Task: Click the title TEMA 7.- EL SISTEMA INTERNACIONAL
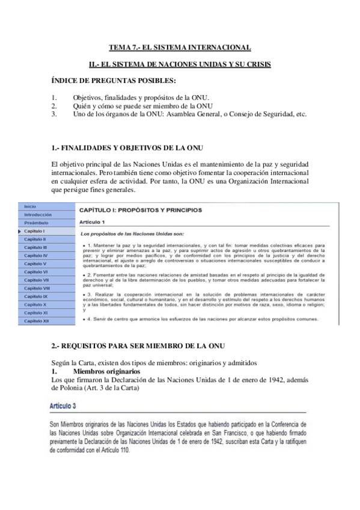[x=180, y=47]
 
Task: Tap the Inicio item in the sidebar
[x=30, y=206]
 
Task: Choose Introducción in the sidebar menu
[x=38, y=215]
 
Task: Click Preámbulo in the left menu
[x=35, y=223]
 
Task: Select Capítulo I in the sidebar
[x=35, y=231]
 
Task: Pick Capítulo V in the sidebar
[x=35, y=263]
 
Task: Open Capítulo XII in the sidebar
[x=36, y=321]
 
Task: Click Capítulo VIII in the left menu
[x=37, y=288]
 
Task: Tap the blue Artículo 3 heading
[x=66, y=407]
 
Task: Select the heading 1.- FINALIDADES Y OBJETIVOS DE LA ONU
[x=128, y=148]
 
